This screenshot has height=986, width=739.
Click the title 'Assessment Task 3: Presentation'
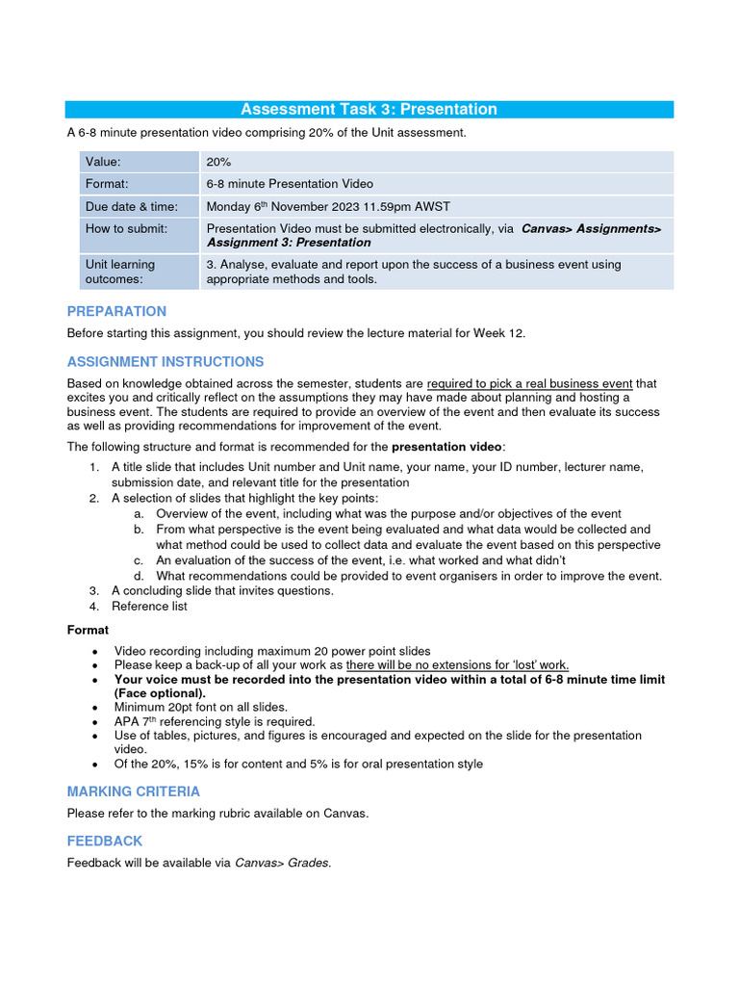click(369, 109)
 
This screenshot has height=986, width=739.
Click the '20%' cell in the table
click(218, 163)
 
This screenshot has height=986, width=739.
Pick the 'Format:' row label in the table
click(107, 184)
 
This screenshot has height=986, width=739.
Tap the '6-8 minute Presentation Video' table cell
click(290, 184)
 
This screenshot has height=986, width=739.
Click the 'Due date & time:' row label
click(131, 206)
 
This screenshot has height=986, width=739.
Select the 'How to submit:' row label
click(126, 228)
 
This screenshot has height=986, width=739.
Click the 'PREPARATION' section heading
click(116, 311)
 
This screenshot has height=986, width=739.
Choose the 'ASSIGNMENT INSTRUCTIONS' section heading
click(165, 362)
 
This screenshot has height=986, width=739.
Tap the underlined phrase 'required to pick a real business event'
click(529, 383)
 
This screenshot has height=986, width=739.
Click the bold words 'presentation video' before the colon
click(446, 447)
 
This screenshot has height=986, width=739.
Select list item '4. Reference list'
click(149, 607)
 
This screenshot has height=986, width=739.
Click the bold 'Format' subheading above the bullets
click(88, 630)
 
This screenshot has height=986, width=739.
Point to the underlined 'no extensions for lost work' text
click(457, 664)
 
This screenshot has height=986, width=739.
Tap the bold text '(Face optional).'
click(160, 693)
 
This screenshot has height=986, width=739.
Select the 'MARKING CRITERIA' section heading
click(134, 791)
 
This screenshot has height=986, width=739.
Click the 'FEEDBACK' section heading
click(104, 841)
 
